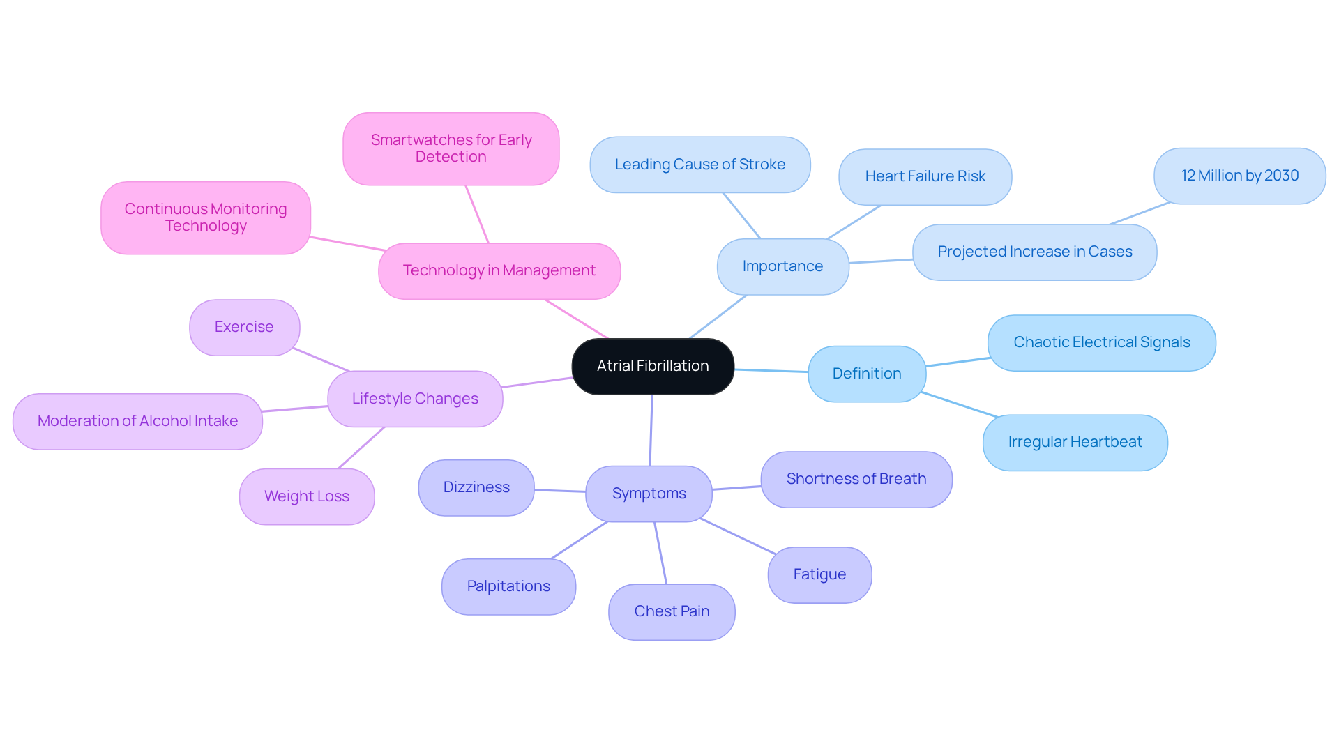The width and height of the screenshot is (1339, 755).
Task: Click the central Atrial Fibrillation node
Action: (653, 366)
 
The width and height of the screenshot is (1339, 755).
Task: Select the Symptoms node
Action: (649, 494)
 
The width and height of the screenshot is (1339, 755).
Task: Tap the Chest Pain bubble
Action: (672, 611)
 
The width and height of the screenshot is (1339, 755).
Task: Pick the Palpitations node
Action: (508, 586)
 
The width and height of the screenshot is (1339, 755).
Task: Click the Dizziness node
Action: (476, 487)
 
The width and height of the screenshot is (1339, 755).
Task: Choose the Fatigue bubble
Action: (819, 574)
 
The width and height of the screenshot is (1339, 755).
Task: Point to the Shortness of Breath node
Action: (856, 479)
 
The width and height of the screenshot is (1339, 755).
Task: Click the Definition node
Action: (867, 374)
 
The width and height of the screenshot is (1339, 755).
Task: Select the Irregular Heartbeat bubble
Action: (1075, 442)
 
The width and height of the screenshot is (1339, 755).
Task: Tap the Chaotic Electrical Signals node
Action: (1101, 342)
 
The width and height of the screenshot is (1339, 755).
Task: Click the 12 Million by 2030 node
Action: (1239, 176)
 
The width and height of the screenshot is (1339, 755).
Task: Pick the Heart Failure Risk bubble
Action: (925, 176)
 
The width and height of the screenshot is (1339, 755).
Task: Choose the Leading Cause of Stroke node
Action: (699, 165)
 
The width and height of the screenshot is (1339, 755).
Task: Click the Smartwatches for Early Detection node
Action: (451, 148)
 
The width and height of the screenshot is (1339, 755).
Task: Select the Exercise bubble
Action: (244, 327)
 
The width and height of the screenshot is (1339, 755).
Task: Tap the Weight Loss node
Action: (307, 496)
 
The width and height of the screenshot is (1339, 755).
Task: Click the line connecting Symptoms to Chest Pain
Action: (660, 553)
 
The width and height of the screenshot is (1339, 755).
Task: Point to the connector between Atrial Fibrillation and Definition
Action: (771, 371)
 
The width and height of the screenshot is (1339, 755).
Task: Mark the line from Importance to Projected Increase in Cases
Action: (881, 261)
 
